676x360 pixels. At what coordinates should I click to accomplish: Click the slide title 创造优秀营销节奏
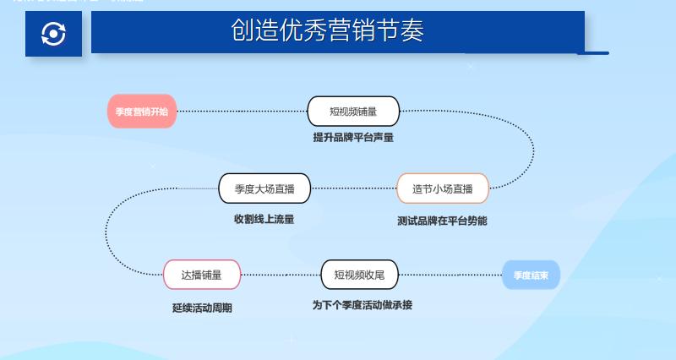click(x=328, y=31)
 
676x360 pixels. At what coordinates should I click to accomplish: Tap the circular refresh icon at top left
click(x=53, y=34)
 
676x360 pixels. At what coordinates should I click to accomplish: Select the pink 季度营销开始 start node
click(x=142, y=112)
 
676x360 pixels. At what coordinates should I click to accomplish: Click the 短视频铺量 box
click(x=353, y=112)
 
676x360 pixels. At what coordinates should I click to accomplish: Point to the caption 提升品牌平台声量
click(x=353, y=137)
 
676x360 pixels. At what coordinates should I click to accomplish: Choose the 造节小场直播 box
click(x=443, y=188)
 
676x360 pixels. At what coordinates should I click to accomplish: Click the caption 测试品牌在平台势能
click(x=442, y=221)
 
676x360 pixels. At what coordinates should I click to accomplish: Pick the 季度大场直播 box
click(x=264, y=188)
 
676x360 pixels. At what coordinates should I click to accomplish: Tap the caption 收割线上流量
click(x=264, y=219)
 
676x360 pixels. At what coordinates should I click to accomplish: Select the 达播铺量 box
click(x=202, y=275)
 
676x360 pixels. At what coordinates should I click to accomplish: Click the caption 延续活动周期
click(x=202, y=308)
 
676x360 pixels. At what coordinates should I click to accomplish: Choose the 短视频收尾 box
click(x=359, y=275)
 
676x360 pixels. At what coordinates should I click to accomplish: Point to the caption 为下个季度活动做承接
click(x=363, y=305)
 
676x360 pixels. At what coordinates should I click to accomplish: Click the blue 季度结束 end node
click(x=531, y=275)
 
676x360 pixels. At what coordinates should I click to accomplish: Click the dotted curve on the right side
click(x=533, y=150)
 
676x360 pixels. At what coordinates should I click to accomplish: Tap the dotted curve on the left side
click(x=106, y=232)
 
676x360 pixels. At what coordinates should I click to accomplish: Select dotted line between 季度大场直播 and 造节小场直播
click(x=353, y=188)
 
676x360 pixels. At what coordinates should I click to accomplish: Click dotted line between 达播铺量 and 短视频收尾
click(x=281, y=275)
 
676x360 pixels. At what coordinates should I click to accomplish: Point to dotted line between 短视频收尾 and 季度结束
click(x=450, y=275)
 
